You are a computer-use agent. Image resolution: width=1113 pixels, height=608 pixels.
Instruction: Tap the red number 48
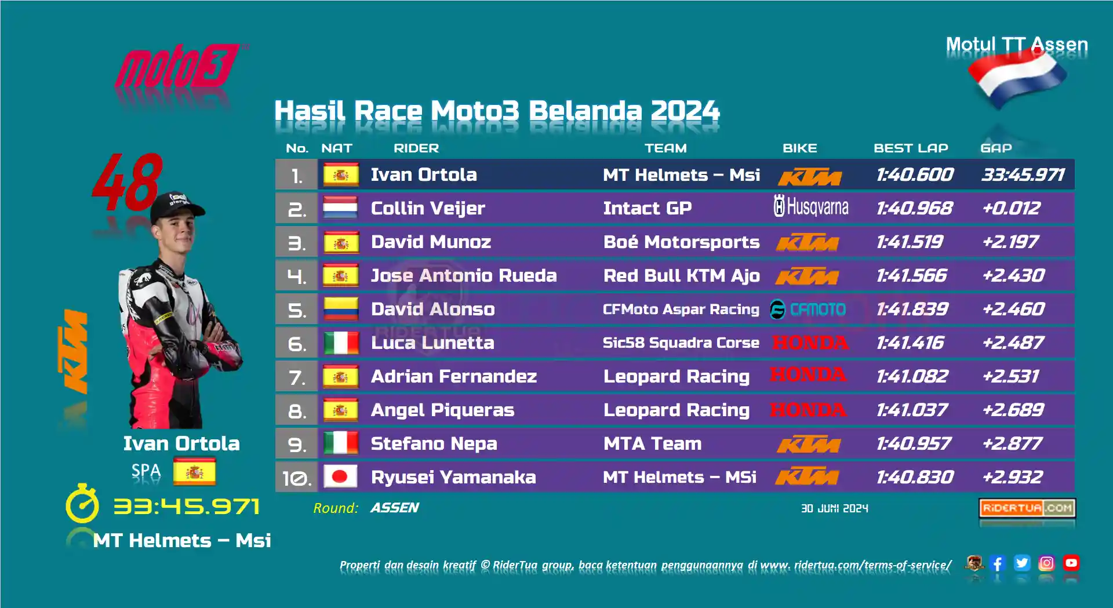[x=128, y=182]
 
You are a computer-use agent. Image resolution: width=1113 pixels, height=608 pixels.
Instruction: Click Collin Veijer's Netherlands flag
[x=340, y=208]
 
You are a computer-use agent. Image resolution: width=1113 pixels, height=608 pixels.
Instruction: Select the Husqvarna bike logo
[x=811, y=206]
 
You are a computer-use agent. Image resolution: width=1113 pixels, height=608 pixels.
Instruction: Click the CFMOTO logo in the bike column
[x=808, y=310]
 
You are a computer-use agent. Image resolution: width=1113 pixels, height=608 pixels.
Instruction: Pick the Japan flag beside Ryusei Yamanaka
[x=340, y=477]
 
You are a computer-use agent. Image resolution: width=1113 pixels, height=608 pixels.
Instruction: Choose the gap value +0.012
[x=1012, y=208]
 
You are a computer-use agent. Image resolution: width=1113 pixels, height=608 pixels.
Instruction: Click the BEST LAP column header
[x=911, y=148]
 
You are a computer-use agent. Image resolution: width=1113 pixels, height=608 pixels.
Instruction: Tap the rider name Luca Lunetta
[x=432, y=343]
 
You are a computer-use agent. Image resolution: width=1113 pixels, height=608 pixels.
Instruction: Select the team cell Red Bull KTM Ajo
[x=681, y=275]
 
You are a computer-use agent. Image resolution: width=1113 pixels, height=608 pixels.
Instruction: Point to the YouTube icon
[x=1071, y=563]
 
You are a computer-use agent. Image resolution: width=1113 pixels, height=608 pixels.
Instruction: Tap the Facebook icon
[x=998, y=563]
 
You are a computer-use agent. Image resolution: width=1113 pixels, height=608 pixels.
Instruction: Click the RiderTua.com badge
[x=1027, y=508]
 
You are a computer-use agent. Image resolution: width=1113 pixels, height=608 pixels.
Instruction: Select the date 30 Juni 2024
[x=835, y=508]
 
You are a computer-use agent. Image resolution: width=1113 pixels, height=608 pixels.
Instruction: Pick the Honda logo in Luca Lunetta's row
[x=810, y=343]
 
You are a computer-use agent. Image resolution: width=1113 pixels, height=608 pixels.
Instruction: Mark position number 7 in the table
[x=297, y=377]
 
